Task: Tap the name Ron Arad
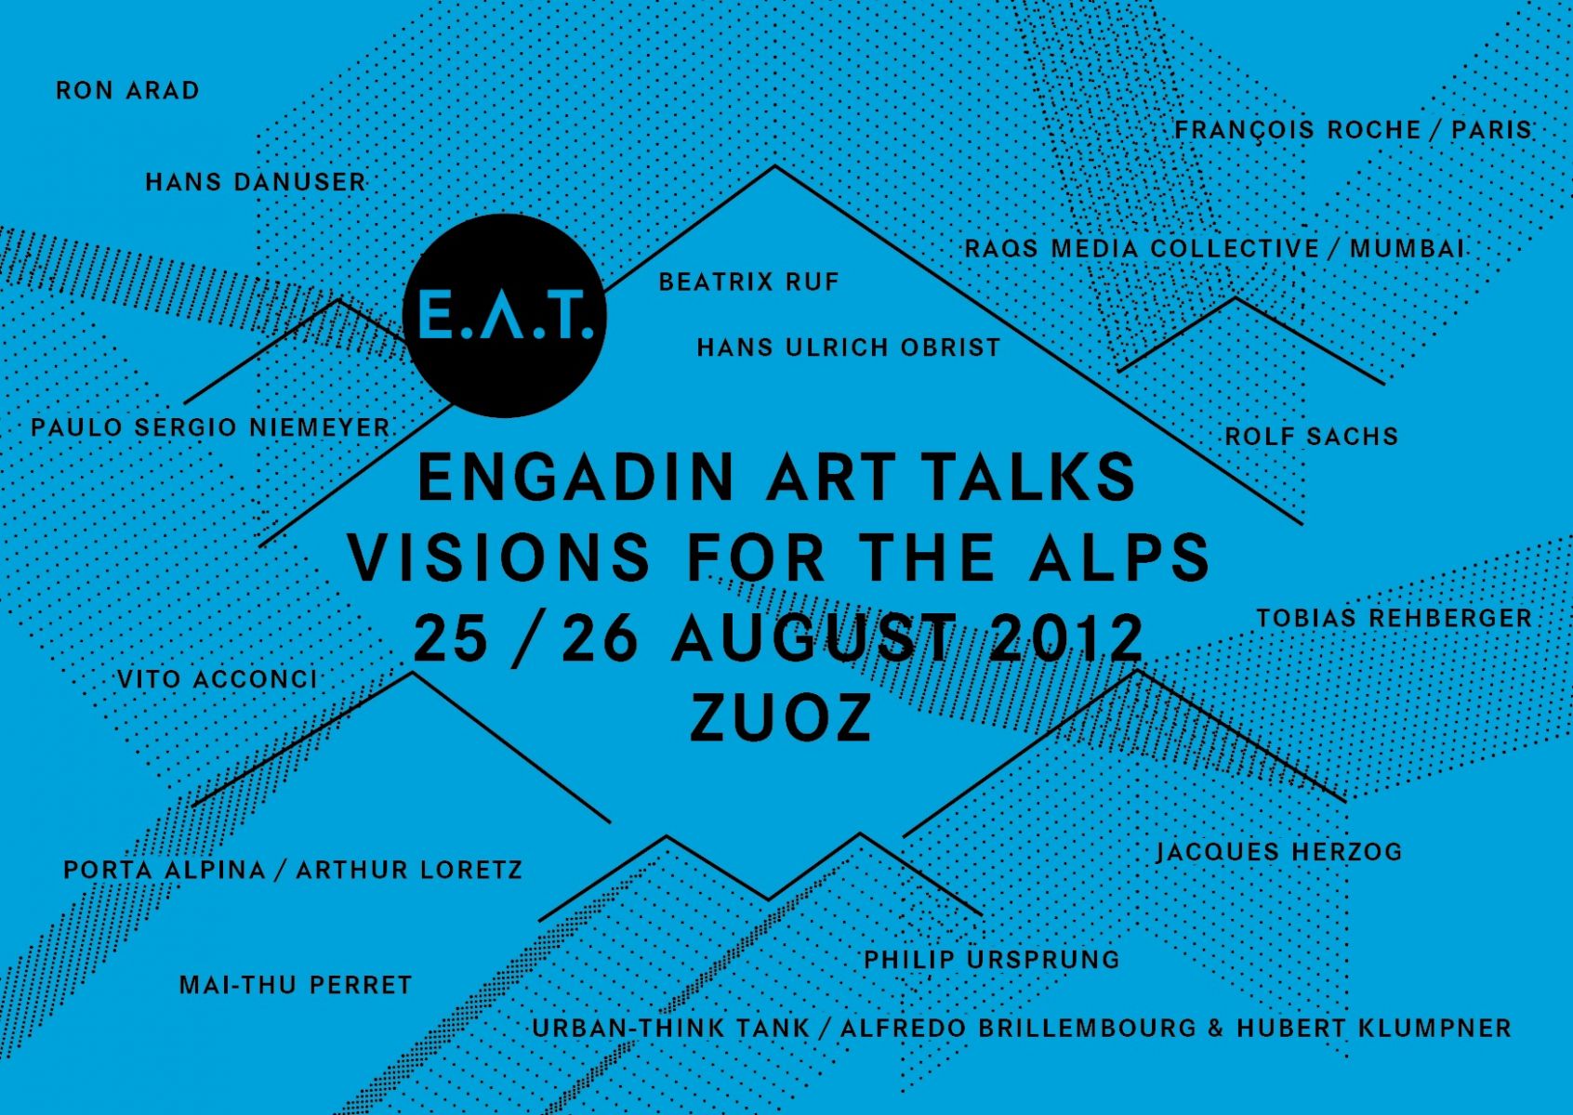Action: [127, 90]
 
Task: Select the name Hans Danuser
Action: [257, 182]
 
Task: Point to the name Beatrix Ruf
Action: [748, 282]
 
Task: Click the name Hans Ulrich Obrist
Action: [848, 347]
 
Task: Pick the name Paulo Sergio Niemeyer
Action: [210, 427]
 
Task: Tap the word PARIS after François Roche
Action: [1491, 129]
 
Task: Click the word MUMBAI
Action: [1408, 248]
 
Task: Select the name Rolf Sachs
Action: [1312, 437]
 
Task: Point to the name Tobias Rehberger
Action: [1394, 618]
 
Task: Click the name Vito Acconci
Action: [217, 679]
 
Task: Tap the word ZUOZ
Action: [780, 718]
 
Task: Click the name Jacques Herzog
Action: [1279, 851]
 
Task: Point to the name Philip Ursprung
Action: [992, 959]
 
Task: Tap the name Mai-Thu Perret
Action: [296, 985]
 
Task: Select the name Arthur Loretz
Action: [409, 870]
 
